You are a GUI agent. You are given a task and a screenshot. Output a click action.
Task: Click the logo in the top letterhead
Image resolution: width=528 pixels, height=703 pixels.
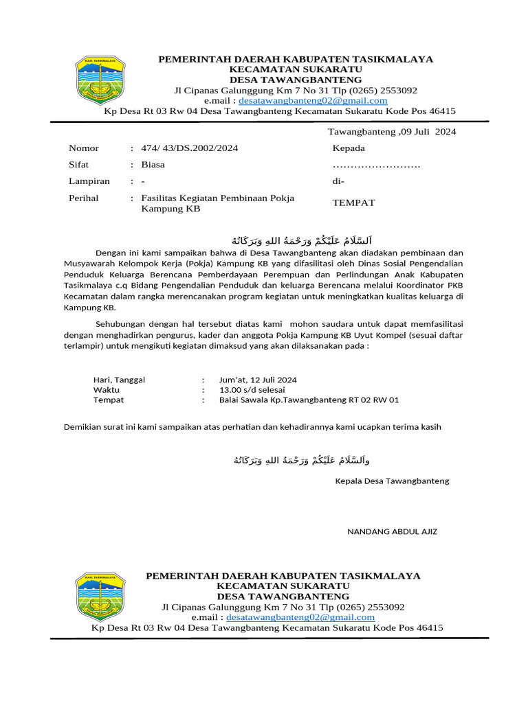[99, 84]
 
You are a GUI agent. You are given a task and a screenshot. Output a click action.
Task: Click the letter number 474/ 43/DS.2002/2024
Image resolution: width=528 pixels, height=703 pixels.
[190, 148]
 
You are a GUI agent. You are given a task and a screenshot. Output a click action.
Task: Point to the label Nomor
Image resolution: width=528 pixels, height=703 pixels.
[84, 148]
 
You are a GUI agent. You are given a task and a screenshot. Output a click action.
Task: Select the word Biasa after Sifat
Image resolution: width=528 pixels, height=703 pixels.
[153, 165]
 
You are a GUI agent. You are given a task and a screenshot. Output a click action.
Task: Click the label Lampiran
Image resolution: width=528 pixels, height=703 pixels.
[89, 181]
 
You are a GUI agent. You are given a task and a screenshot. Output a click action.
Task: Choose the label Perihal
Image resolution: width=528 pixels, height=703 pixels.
[84, 198]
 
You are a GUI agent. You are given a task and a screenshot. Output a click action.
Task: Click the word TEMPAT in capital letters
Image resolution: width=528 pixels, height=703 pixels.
[353, 203]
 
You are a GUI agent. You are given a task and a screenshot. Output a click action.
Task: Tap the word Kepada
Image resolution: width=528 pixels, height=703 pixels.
[349, 148]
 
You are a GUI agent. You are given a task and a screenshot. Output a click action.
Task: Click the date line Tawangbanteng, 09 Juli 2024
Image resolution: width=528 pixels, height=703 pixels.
[391, 131]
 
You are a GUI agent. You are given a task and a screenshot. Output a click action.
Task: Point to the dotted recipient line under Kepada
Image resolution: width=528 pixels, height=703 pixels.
[376, 165]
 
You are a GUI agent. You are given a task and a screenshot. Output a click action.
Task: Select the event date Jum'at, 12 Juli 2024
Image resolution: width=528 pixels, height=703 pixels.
[258, 380]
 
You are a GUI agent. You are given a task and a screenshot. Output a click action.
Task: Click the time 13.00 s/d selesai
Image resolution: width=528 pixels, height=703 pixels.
[252, 389]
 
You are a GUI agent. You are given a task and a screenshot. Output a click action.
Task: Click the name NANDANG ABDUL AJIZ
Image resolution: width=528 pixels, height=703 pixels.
[392, 531]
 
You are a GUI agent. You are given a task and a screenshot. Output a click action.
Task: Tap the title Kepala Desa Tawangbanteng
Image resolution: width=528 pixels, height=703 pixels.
[391, 481]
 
